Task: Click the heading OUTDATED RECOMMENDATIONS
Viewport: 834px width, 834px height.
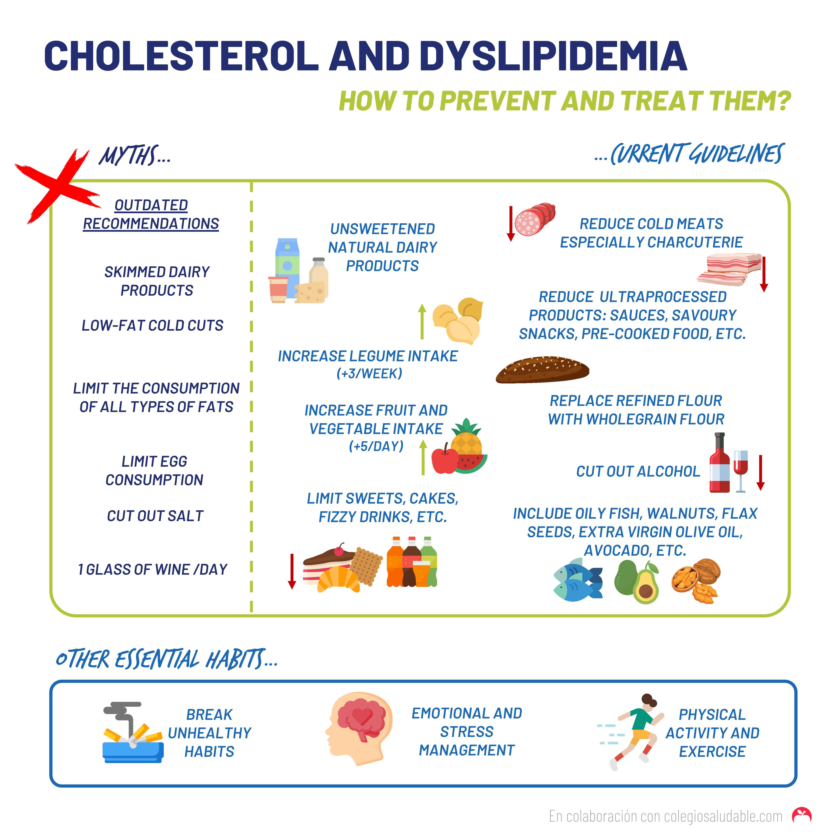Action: point(151,214)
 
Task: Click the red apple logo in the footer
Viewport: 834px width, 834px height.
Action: point(802,814)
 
